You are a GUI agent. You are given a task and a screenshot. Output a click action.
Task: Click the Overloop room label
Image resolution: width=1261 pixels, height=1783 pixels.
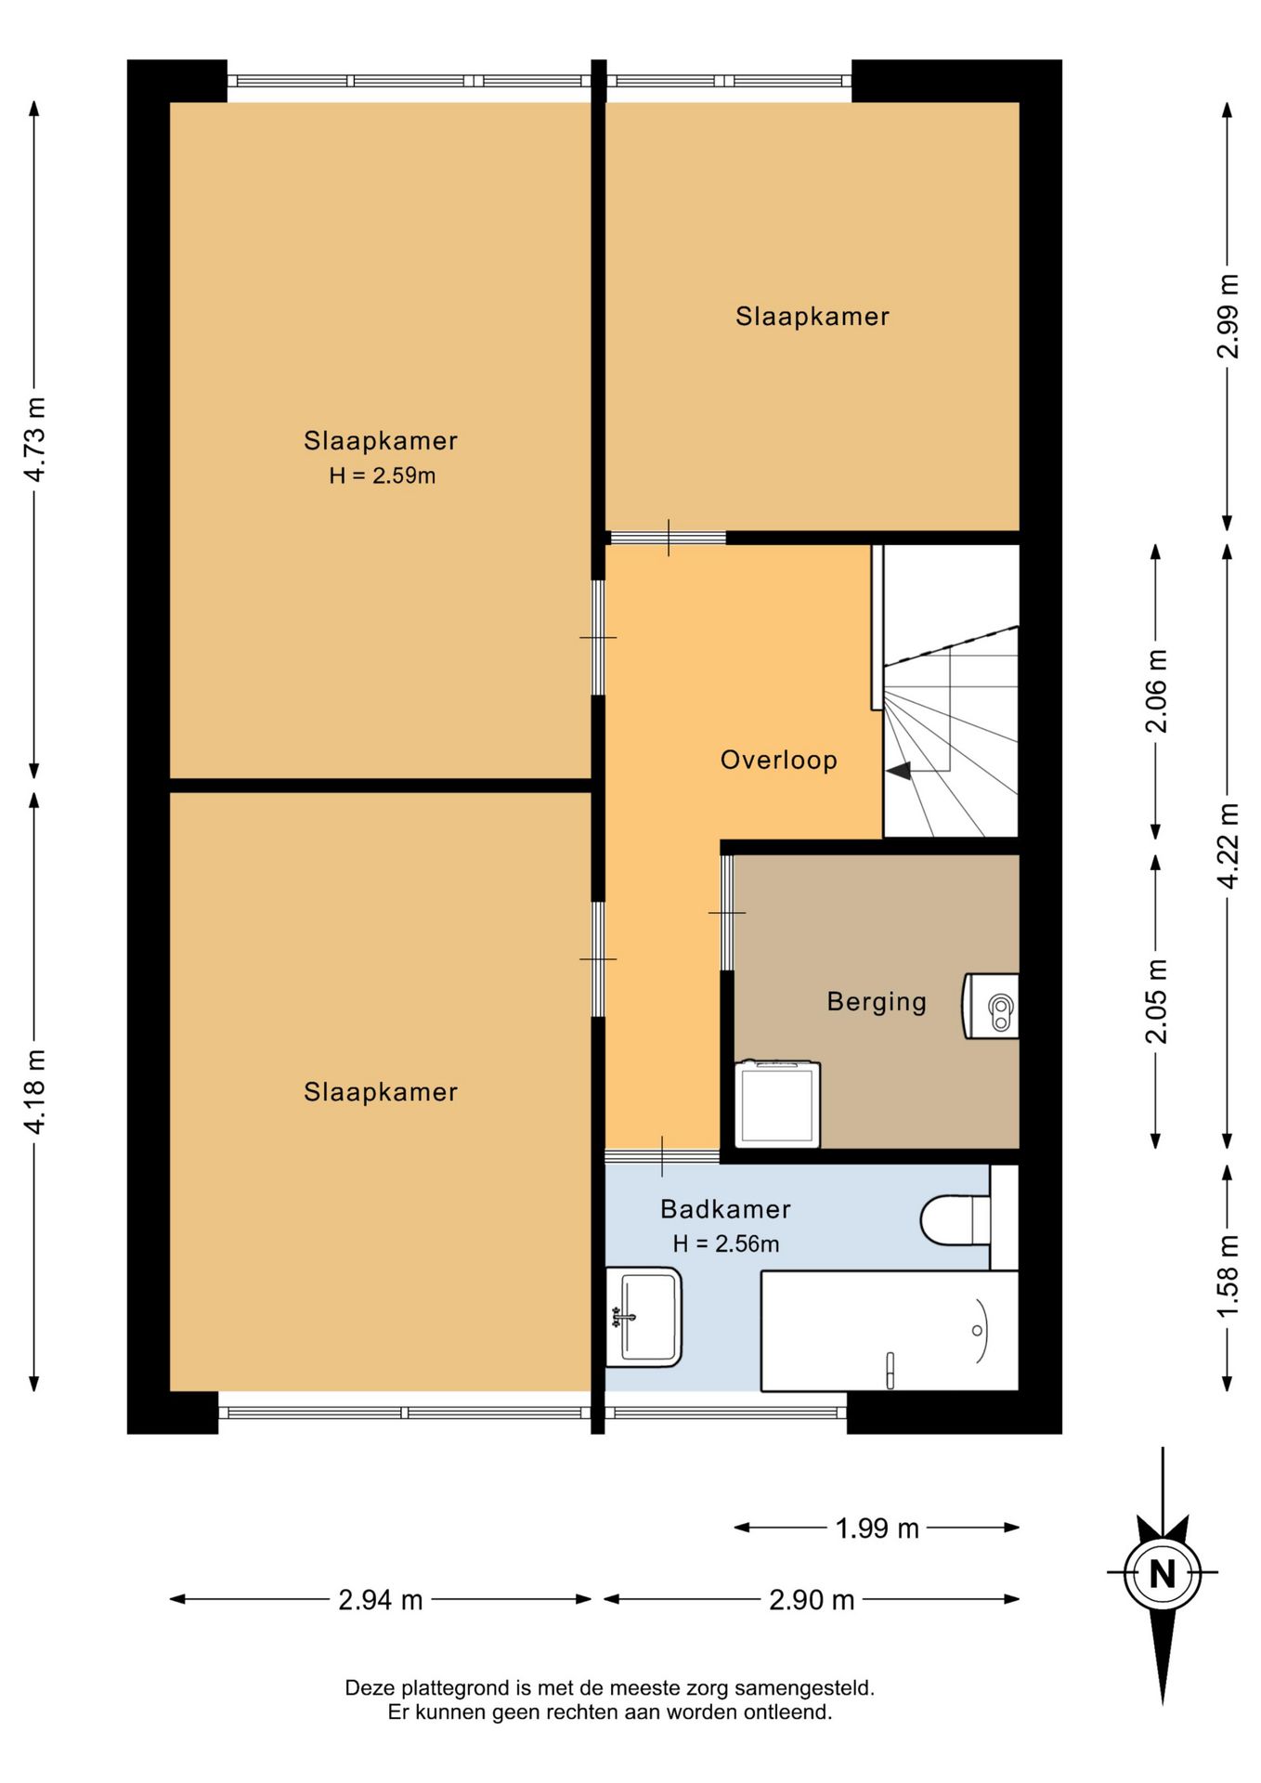779,760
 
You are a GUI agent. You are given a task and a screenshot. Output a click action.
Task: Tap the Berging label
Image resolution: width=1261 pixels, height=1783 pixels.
877,1002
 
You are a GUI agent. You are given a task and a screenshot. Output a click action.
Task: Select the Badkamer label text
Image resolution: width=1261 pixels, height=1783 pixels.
725,1209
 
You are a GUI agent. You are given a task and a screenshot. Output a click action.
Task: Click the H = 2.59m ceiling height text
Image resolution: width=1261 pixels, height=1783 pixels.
383,475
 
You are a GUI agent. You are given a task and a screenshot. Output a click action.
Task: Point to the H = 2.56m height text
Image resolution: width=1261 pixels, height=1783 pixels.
726,1243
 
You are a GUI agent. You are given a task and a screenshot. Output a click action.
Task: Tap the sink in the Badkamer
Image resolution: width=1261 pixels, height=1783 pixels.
643,1317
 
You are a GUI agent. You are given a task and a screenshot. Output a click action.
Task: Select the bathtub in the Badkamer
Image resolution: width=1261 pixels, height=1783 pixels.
890,1331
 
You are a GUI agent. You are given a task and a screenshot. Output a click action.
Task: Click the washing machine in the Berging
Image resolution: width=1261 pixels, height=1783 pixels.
778,1104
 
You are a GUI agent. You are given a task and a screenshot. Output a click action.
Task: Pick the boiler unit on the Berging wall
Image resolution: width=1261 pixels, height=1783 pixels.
991,1006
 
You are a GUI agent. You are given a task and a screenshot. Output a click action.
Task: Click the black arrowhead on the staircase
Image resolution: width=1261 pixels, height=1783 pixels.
899,770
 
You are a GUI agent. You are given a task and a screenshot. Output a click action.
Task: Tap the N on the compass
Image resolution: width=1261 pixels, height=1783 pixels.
1163,1574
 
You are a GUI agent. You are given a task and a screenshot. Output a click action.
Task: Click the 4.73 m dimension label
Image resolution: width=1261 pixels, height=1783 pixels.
34,439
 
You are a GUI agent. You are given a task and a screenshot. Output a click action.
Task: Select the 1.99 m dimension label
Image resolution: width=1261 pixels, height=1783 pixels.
877,1528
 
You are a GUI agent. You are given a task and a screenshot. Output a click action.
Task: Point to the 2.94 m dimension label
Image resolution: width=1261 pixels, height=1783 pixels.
381,1599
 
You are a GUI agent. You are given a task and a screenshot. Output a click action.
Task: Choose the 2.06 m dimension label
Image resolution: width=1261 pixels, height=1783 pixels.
1156,691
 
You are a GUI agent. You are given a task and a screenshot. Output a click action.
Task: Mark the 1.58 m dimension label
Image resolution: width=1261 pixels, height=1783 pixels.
1228,1276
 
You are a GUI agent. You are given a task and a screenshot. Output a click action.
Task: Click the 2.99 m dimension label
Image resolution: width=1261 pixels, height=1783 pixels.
1228,316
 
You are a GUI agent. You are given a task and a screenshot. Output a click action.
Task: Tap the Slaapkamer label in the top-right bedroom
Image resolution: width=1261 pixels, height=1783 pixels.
812,317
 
